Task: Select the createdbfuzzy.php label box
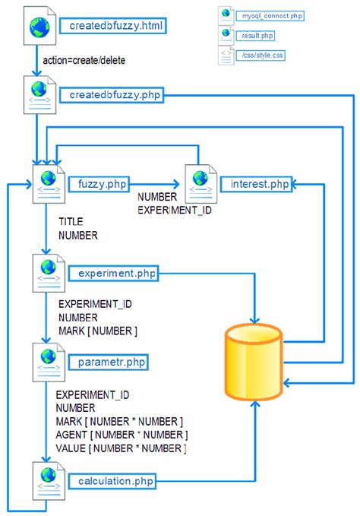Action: click(115, 96)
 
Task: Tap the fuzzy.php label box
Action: click(102, 184)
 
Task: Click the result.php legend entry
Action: click(258, 35)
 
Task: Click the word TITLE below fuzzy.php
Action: click(71, 222)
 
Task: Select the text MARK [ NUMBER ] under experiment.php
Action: click(97, 331)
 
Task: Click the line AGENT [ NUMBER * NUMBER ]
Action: click(122, 435)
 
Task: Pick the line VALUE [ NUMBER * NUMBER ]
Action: click(122, 448)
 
